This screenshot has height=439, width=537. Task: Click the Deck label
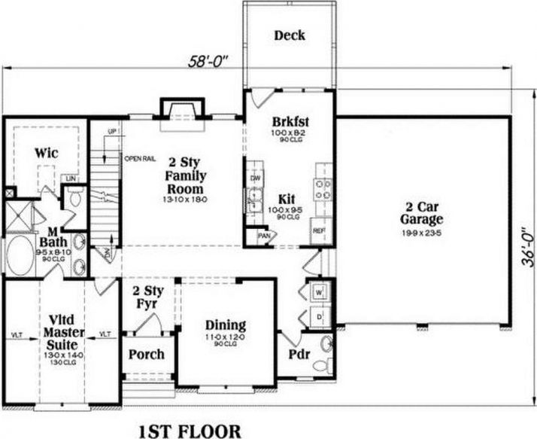pyautogui.click(x=290, y=35)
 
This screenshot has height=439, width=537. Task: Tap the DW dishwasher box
pyautogui.click(x=255, y=178)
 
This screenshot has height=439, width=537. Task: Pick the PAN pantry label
pyautogui.click(x=263, y=236)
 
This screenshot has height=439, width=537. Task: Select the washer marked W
pyautogui.click(x=318, y=290)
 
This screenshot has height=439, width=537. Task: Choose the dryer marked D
pyautogui.click(x=318, y=316)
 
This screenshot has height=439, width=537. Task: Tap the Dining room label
pyautogui.click(x=226, y=326)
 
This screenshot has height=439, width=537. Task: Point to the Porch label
pyautogui.click(x=147, y=355)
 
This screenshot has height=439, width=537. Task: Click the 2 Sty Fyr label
pyautogui.click(x=146, y=297)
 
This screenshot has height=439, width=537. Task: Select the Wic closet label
pyautogui.click(x=47, y=152)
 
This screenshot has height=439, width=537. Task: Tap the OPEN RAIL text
pyautogui.click(x=139, y=159)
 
